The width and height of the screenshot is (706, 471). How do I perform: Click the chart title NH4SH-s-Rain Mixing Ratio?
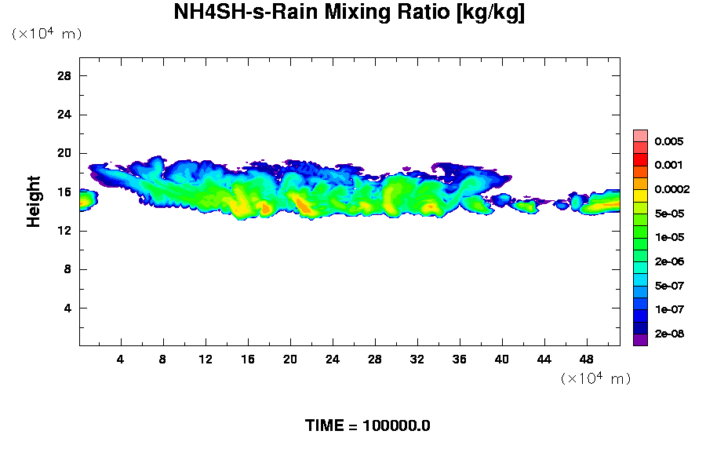349,13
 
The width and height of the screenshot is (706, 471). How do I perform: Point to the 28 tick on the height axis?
64,76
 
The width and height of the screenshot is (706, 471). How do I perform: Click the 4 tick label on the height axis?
67,309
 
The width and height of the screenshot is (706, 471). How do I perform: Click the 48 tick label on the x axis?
586,360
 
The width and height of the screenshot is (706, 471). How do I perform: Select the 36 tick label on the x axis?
460,360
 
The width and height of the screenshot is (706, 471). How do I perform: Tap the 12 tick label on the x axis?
206,360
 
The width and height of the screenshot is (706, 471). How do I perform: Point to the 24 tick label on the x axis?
333,360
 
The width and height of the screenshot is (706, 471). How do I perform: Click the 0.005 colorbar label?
668,142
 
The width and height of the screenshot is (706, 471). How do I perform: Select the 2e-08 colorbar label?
668,334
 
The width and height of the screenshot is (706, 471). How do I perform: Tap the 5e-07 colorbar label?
668,286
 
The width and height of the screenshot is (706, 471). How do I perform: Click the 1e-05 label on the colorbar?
668,238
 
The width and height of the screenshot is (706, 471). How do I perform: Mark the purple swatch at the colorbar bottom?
640,340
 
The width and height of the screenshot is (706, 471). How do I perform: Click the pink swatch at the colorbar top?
640,135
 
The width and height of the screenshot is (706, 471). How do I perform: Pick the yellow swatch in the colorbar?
640,195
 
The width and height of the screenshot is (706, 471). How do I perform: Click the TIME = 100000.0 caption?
367,426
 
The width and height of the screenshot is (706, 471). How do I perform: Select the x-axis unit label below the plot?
595,378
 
